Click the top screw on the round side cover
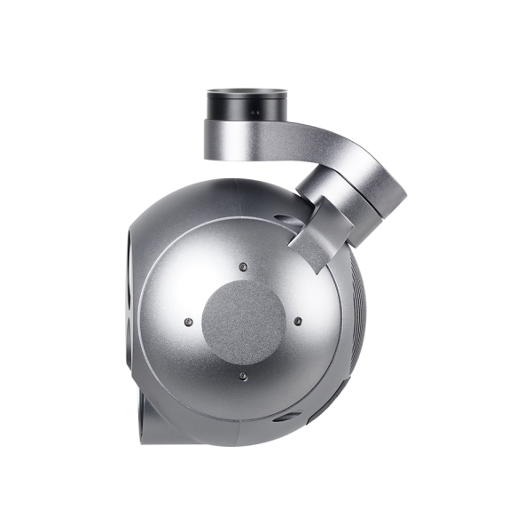(x=242, y=263)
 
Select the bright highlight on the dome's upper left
(x=177, y=239)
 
